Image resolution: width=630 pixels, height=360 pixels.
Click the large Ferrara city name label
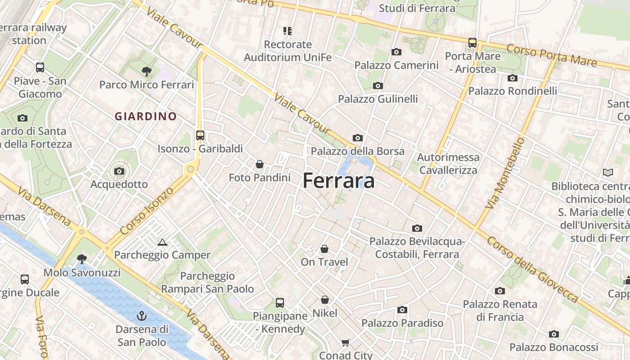click(338, 181)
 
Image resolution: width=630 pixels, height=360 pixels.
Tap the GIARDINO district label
click(145, 117)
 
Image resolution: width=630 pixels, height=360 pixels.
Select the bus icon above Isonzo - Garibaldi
click(200, 135)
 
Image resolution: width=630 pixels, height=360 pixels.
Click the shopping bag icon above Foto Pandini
click(260, 164)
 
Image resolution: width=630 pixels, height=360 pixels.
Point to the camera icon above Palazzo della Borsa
click(358, 138)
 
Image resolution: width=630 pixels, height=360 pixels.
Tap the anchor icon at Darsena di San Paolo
click(142, 315)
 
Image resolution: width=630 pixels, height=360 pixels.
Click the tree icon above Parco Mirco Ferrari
click(146, 71)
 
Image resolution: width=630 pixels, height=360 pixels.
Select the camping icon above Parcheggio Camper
click(162, 243)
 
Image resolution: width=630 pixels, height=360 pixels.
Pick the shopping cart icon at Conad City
click(346, 343)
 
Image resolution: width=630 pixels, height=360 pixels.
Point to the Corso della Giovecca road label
click(532, 270)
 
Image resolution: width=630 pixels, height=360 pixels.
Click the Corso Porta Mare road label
click(552, 55)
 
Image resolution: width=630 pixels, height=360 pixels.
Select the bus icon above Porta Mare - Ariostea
click(472, 43)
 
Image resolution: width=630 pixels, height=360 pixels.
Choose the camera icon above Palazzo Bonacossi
click(553, 334)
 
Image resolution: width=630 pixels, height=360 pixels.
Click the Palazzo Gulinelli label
click(378, 99)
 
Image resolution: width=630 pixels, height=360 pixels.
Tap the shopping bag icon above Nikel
click(325, 300)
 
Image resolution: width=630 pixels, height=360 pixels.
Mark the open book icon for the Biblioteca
click(607, 172)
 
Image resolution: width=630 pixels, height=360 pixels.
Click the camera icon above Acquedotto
click(119, 171)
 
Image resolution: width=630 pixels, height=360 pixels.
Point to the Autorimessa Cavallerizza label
click(449, 164)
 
